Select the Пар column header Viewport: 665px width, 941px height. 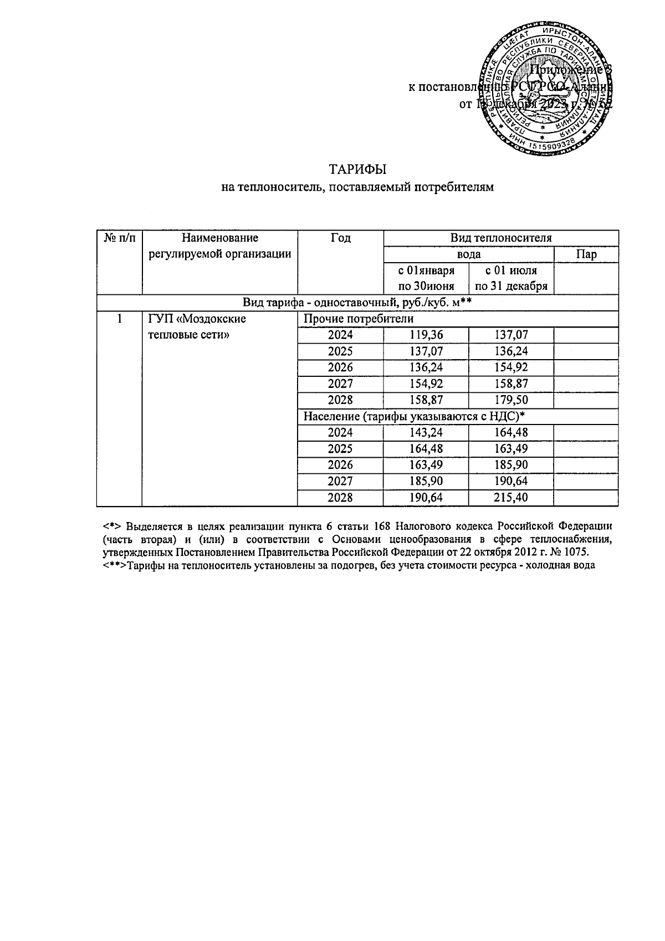[586, 254]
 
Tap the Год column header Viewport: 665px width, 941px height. [340, 238]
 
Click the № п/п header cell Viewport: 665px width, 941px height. [119, 238]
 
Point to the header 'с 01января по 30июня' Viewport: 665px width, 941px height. [426, 278]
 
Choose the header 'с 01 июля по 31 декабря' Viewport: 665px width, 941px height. [511, 278]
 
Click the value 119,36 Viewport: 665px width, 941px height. [426, 335]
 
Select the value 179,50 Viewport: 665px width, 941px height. [511, 400]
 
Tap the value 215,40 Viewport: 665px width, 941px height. [511, 498]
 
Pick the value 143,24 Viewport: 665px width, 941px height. [426, 433]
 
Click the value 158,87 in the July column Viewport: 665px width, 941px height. [511, 383]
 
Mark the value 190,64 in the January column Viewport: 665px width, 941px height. [426, 498]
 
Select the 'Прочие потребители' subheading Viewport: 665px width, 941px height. [357, 319]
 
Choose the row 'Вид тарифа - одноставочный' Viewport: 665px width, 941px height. [357, 303]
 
